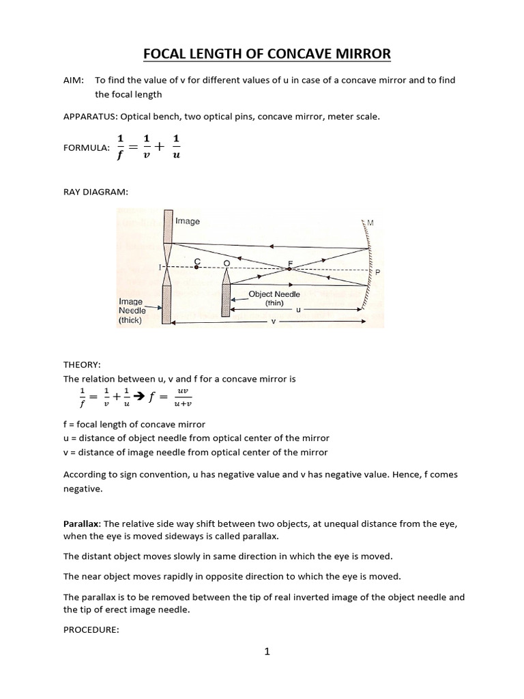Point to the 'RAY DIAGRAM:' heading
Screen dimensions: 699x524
[x=95, y=193]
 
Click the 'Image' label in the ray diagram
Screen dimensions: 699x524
[x=188, y=221]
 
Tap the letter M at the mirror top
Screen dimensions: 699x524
[x=371, y=223]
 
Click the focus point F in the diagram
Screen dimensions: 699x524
[x=289, y=268]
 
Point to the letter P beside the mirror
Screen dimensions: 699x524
[x=377, y=272]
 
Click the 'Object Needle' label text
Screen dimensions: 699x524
[x=274, y=294]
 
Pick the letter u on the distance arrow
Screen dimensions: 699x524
[x=298, y=309]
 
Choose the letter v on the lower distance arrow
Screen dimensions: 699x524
[x=273, y=322]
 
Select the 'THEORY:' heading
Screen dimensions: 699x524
[x=81, y=365]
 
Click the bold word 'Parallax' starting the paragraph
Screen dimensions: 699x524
[x=82, y=524]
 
